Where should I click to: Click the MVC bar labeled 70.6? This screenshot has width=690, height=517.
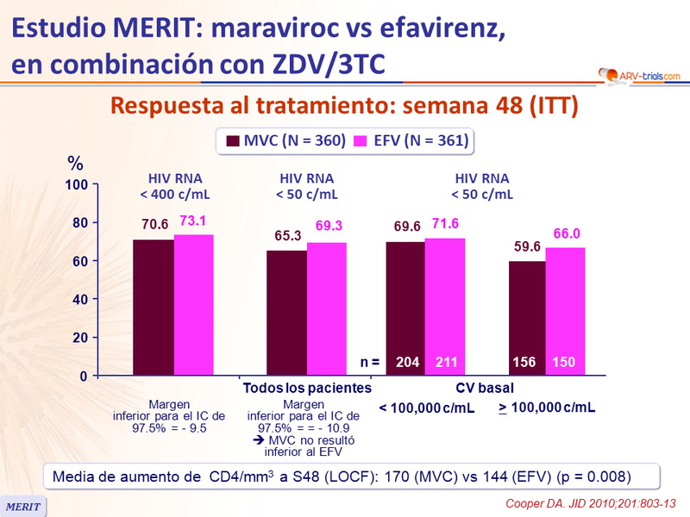(x=154, y=308)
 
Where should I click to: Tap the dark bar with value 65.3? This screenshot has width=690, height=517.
(x=286, y=313)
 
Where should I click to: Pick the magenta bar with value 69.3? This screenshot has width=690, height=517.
(x=328, y=309)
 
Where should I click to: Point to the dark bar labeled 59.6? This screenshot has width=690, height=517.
(x=527, y=318)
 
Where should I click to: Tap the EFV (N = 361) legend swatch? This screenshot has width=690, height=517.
(x=359, y=141)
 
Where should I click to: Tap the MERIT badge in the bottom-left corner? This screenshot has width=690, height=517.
(x=23, y=507)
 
